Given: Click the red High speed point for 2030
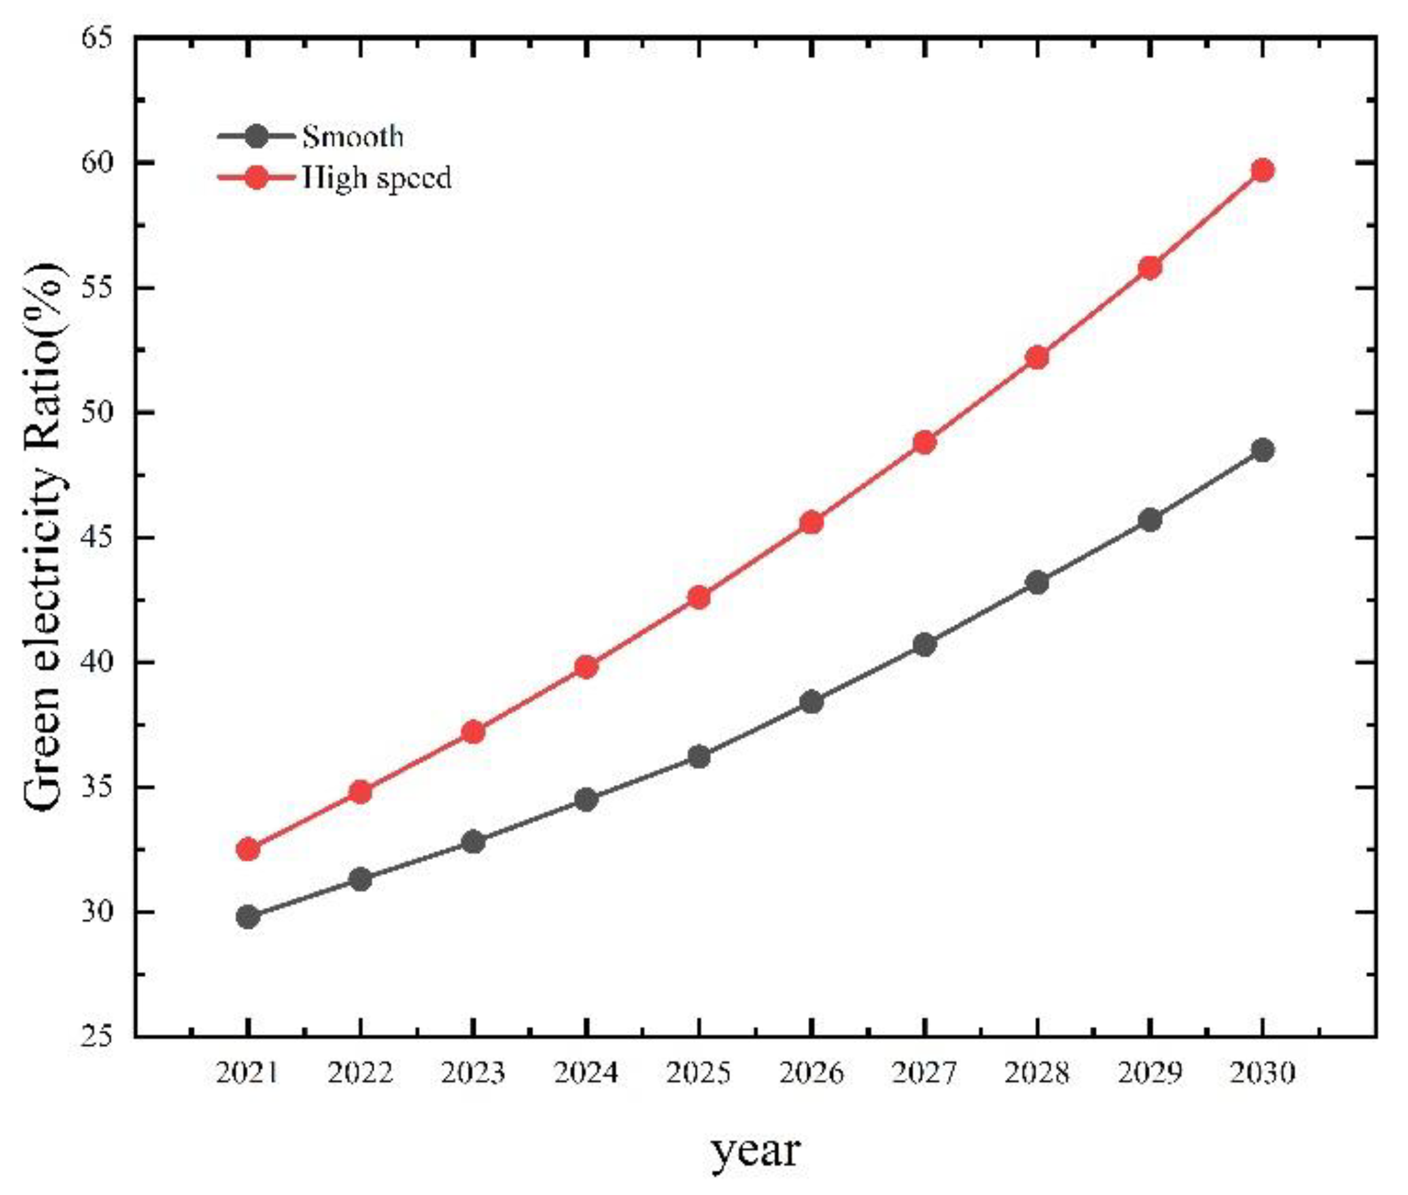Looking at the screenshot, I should point(1262,170).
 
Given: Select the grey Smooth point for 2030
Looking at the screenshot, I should point(1262,449).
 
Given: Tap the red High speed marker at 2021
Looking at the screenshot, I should point(248,849).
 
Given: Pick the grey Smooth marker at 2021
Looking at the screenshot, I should point(248,917).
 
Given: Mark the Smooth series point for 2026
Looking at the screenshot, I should point(812,702).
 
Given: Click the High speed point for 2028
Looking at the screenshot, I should point(1036,357).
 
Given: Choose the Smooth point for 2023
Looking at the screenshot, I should point(474,842).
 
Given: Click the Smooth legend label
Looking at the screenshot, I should point(352,137).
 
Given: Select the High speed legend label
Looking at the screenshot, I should point(377,178).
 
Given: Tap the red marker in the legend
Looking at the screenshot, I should point(256,178).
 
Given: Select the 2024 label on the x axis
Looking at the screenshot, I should point(586,1073).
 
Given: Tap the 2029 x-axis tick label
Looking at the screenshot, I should point(1149,1073).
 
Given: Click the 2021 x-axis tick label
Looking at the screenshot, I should point(248,1073).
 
